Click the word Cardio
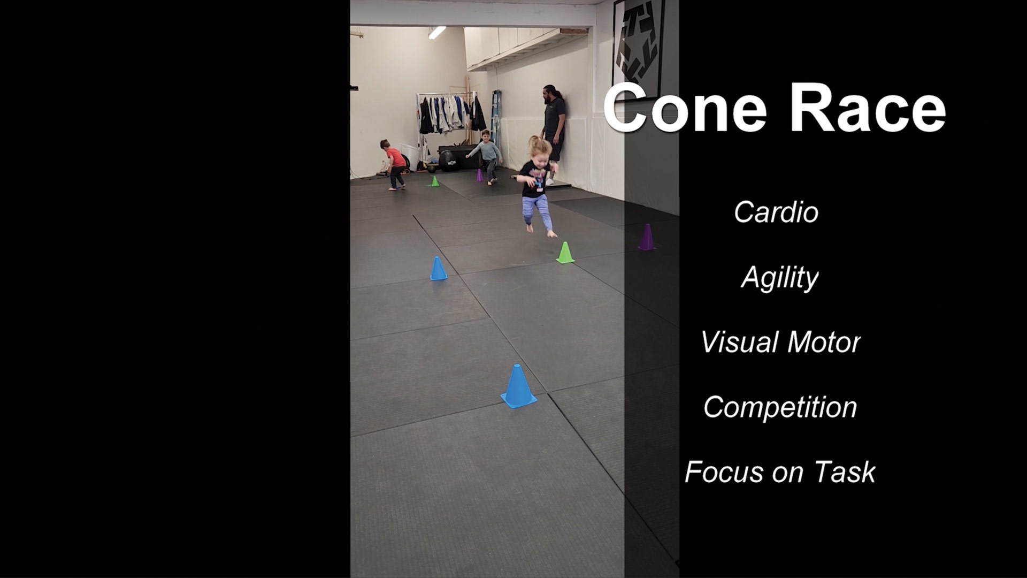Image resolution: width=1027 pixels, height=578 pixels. (776, 212)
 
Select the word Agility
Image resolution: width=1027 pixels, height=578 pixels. (780, 278)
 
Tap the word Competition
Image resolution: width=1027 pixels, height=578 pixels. (780, 407)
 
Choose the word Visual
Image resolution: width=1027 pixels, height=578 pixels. (740, 343)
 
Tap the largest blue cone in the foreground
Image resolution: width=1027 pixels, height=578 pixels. (518, 386)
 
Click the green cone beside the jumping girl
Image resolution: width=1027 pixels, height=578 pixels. (565, 253)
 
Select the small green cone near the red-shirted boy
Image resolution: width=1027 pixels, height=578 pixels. (435, 181)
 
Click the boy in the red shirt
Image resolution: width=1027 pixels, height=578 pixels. (394, 164)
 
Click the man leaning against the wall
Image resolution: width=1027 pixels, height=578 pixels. (554, 131)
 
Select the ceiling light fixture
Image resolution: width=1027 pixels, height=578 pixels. (437, 32)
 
